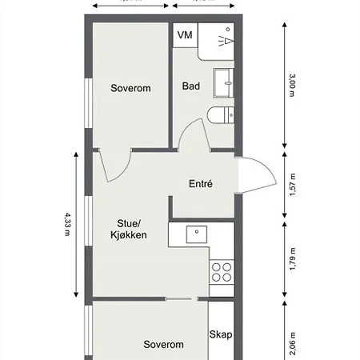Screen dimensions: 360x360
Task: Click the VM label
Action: click(x=185, y=35)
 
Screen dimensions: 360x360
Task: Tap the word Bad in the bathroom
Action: click(x=190, y=86)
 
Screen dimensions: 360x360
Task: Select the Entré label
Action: click(x=200, y=183)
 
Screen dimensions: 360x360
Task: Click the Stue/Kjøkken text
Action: click(x=128, y=229)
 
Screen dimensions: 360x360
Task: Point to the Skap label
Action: click(x=221, y=334)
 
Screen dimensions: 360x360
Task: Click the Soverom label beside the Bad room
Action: click(x=131, y=88)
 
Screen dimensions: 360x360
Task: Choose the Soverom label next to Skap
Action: click(x=163, y=345)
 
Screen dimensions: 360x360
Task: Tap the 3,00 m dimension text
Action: click(x=292, y=85)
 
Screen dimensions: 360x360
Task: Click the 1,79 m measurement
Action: click(x=292, y=261)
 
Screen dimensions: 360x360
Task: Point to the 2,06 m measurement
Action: click(x=292, y=343)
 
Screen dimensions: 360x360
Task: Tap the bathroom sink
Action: click(x=223, y=82)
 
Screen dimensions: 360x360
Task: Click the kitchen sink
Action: click(x=196, y=233)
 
